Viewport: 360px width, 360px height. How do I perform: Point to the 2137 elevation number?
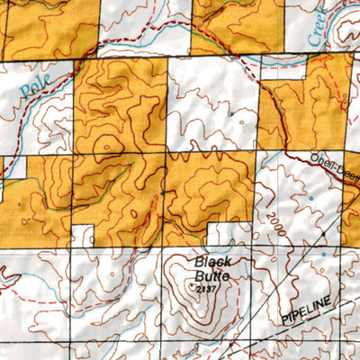207,288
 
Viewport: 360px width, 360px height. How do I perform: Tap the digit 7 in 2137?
216,288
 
